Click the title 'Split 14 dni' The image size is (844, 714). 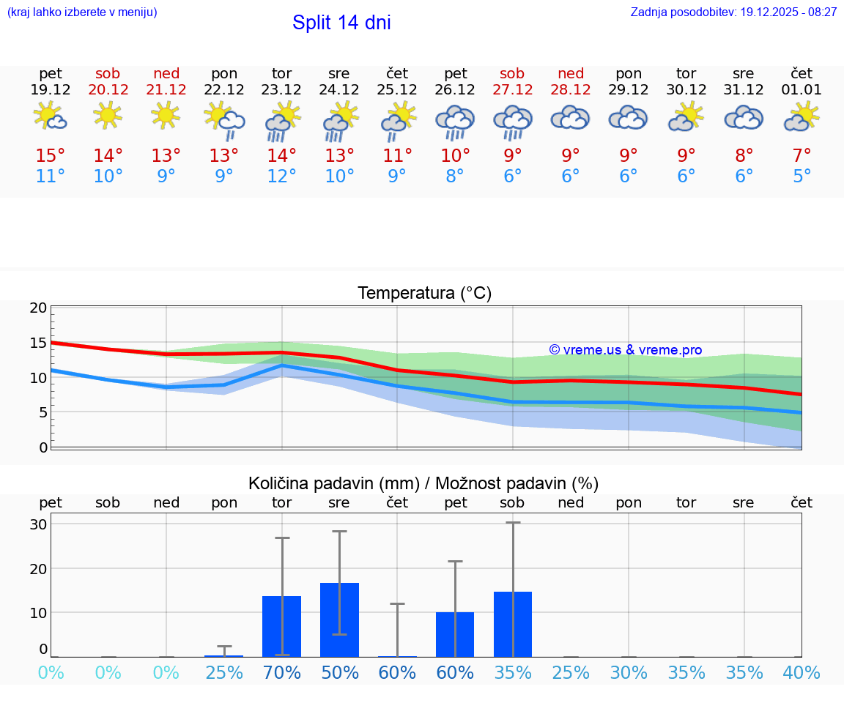click(x=341, y=23)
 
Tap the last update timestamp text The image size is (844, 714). click(x=733, y=12)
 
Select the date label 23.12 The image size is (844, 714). click(x=281, y=90)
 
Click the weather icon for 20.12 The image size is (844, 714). click(x=108, y=116)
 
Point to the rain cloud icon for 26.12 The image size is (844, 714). click(x=455, y=121)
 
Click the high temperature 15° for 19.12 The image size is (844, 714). click(x=51, y=156)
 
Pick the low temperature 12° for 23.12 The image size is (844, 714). click(x=281, y=176)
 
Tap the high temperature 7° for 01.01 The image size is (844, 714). click(x=802, y=156)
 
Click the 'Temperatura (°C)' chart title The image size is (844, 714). click(x=424, y=294)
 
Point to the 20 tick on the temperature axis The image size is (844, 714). click(x=38, y=308)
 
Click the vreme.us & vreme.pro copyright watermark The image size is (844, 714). click(x=625, y=350)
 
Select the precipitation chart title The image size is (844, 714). click(x=423, y=483)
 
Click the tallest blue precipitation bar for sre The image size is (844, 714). click(x=339, y=620)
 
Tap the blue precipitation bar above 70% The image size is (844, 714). click(x=281, y=626)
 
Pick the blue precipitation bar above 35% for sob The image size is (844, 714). click(x=512, y=624)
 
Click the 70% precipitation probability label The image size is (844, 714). click(x=281, y=672)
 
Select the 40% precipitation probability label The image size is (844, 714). click(x=802, y=672)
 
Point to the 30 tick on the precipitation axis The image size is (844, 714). click(x=38, y=524)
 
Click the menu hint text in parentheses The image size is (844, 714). click(x=82, y=12)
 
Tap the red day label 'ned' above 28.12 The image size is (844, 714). click(x=571, y=73)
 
